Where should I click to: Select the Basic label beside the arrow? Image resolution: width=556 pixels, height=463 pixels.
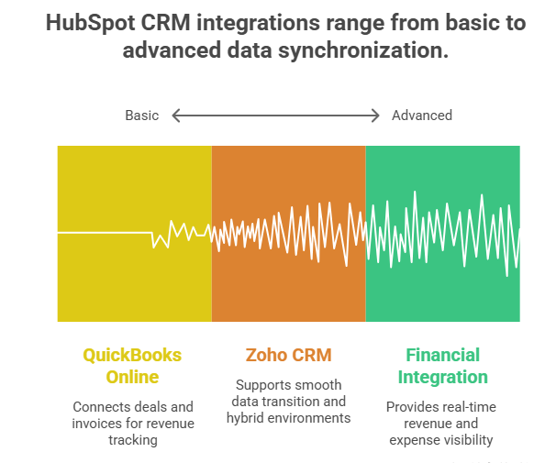tap(142, 116)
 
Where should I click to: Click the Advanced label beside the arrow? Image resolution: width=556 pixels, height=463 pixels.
tap(422, 116)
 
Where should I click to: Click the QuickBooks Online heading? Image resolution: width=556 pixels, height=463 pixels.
tap(132, 366)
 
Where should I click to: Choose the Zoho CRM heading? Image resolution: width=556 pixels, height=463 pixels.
tap(288, 355)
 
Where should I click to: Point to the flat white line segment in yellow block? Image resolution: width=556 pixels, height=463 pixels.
tap(103, 233)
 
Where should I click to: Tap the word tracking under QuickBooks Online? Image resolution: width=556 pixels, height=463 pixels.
tap(132, 440)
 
